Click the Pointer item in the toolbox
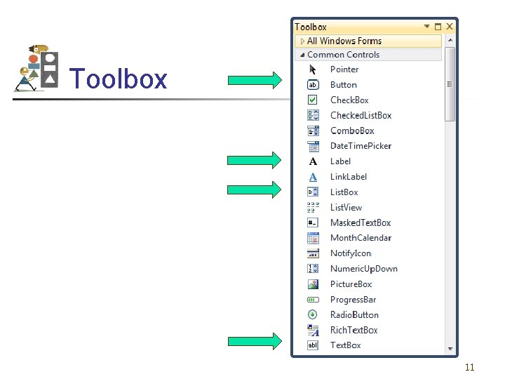[344, 69]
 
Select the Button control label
[343, 85]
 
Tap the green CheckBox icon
[313, 100]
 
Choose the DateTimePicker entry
[361, 146]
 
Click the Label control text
[340, 161]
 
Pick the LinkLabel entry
[348, 177]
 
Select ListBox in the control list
[344, 192]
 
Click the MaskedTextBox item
[360, 223]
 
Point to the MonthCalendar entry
[361, 239]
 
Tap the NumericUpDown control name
[363, 269]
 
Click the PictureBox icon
[313, 284]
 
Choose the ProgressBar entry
[353, 300]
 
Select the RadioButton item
[354, 315]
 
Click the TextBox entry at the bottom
[345, 345]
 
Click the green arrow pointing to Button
[255, 80]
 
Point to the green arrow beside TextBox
[255, 342]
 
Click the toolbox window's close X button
[450, 27]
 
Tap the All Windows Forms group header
[344, 41]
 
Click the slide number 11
[469, 367]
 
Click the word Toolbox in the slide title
[119, 79]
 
